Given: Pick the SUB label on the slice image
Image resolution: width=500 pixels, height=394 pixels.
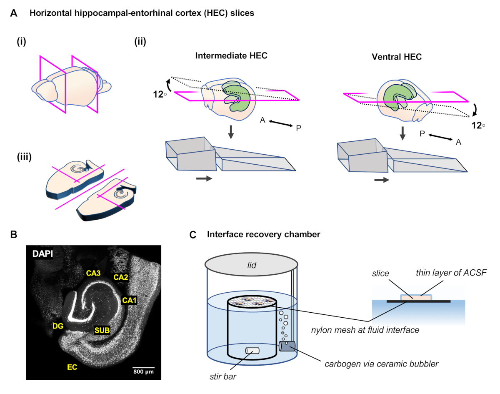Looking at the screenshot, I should point(102,330).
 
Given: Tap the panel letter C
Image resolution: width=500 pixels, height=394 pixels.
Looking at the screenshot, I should point(193,235).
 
